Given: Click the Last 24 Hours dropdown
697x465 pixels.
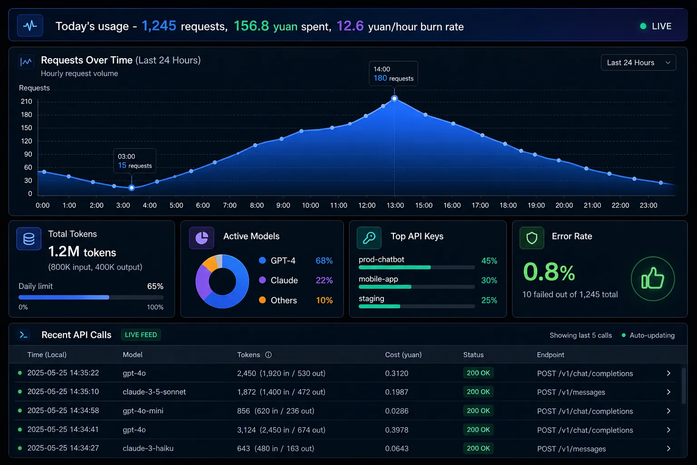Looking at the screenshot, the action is [638, 63].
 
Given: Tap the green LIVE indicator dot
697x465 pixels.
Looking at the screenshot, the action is [643, 26].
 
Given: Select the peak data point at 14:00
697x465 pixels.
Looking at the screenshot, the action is [394, 99].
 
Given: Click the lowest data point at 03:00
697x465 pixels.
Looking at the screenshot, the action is [132, 188].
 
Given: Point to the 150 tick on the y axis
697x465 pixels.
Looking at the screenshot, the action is [26, 128].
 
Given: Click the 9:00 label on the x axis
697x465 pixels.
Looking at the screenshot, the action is [283, 205].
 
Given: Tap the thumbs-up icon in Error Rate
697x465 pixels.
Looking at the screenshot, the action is [653, 278].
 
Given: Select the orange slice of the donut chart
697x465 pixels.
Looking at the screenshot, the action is [211, 264].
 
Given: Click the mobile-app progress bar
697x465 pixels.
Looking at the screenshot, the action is [417, 287].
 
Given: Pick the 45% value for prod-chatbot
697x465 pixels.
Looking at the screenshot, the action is [489, 261].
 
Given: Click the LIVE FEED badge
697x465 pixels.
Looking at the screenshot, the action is [141, 335].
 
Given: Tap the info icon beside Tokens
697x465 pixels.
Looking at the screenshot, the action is [268, 355].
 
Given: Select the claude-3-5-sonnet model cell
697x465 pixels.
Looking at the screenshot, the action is [154, 392].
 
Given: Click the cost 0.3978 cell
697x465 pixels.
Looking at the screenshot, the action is [397, 430].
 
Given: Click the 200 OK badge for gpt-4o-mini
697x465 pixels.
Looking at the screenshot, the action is [478, 411].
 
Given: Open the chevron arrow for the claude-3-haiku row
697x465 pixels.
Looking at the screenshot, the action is [668, 449].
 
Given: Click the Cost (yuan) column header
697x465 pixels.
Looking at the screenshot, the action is [403, 355].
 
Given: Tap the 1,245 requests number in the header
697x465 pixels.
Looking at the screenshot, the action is [159, 26].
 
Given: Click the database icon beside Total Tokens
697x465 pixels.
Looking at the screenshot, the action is [29, 239].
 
